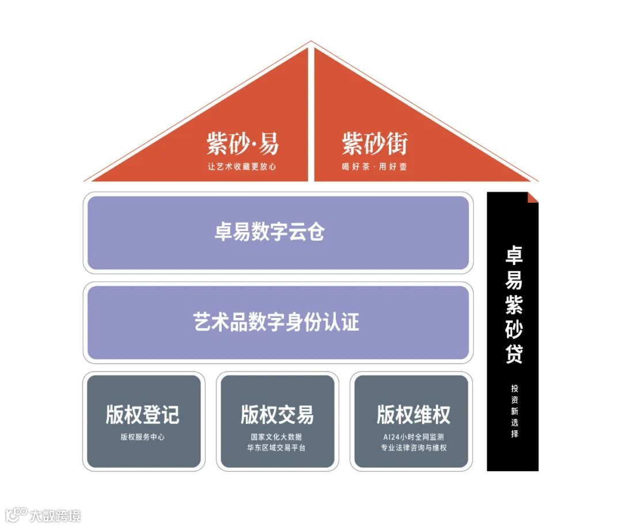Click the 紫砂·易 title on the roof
(242, 143)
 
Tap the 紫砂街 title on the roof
(374, 143)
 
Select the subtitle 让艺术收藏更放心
(242, 167)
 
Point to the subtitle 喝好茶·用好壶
(374, 167)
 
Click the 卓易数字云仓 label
(270, 232)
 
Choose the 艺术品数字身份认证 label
(276, 321)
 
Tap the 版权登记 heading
(142, 414)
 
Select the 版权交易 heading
(277, 414)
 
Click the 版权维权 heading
(413, 414)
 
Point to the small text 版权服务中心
(142, 437)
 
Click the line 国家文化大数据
(276, 437)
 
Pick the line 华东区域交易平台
(276, 448)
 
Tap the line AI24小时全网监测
(413, 437)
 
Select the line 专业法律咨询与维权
(413, 448)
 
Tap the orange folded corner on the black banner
(532, 198)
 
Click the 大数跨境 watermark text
(56, 515)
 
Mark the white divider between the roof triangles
(311, 115)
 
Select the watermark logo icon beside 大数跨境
(16, 514)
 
